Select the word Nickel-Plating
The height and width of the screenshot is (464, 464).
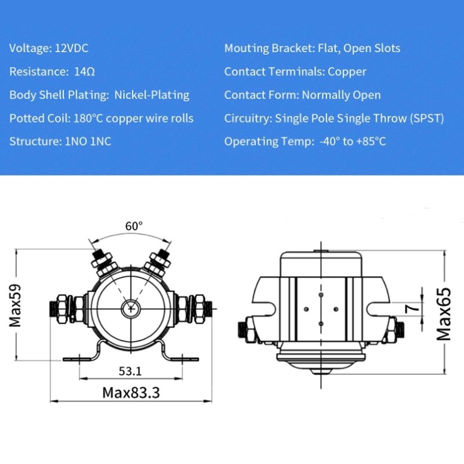pos(152,95)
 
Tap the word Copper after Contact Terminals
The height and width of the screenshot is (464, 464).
pos(347,72)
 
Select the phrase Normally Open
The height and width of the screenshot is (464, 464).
pos(341,95)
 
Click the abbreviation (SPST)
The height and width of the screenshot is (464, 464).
pos(425,118)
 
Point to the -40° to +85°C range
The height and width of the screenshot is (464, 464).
pos(352,142)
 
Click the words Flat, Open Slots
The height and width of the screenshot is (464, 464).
pos(359,48)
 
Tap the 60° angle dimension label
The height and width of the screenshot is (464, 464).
pos(133,226)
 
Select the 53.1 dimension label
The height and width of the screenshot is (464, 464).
pos(130,371)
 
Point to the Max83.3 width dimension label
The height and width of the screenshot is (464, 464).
pos(130,393)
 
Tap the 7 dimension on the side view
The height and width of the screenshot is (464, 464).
pos(412,309)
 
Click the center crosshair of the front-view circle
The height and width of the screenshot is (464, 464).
pos(132,309)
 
